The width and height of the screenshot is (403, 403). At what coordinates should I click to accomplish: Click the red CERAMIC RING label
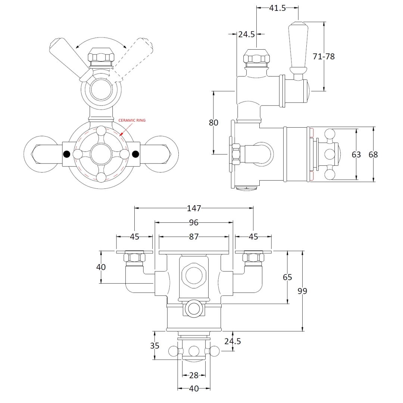pyautogui.click(x=132, y=121)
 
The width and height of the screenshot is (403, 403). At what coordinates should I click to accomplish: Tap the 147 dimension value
pyautogui.click(x=194, y=208)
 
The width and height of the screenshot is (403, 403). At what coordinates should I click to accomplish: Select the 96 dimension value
pyautogui.click(x=194, y=223)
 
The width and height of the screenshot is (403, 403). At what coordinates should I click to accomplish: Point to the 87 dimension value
pyautogui.click(x=194, y=237)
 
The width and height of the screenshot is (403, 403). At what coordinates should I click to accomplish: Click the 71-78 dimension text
pyautogui.click(x=324, y=57)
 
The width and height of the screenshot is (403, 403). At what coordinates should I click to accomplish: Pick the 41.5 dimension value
pyautogui.click(x=277, y=8)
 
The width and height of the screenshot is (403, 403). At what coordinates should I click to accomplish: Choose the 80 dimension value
pyautogui.click(x=213, y=122)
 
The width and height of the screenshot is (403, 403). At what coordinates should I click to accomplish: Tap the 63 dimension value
pyautogui.click(x=356, y=154)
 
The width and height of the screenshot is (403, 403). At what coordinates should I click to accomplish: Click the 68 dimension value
pyautogui.click(x=373, y=154)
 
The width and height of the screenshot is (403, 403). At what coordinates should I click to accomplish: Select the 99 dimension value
pyautogui.click(x=303, y=291)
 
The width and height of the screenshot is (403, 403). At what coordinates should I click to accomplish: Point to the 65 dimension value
pyautogui.click(x=287, y=277)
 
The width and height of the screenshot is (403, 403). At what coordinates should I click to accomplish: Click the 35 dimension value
pyautogui.click(x=154, y=346)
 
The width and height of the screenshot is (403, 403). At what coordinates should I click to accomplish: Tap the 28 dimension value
pyautogui.click(x=194, y=375)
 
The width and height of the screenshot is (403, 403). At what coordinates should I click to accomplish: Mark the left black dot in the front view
pyautogui.click(x=67, y=154)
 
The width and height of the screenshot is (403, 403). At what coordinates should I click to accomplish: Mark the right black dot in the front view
pyautogui.click(x=135, y=154)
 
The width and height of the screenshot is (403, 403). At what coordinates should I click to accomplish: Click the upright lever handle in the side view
pyautogui.click(x=298, y=49)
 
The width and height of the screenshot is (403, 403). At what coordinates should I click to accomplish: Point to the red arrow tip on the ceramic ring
pyautogui.click(x=121, y=135)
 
